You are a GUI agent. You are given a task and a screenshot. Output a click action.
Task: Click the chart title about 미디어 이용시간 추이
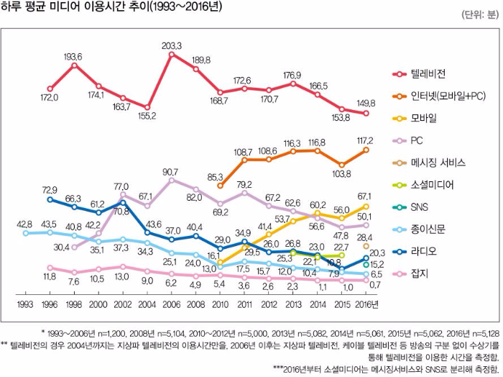[x=111, y=9]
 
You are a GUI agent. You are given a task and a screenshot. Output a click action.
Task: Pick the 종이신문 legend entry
[x=430, y=229]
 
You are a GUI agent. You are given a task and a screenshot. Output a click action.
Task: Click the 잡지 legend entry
[x=420, y=273]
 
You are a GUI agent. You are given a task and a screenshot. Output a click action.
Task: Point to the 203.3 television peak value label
[x=172, y=45]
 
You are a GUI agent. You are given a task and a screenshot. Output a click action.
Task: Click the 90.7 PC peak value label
[x=171, y=172]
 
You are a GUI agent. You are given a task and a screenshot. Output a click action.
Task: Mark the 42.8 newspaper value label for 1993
[x=25, y=224]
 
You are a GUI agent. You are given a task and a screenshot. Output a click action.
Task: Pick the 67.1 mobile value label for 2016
[x=365, y=196]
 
